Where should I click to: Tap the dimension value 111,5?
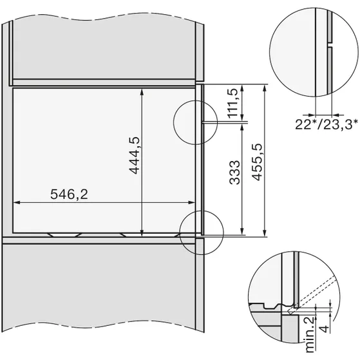[x=234, y=102]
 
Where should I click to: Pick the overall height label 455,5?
[x=255, y=161]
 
